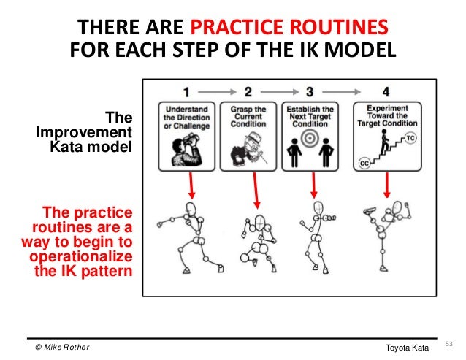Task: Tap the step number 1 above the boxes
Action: (187, 92)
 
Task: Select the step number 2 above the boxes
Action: (248, 92)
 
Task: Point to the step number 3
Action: (310, 92)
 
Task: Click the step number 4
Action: (386, 92)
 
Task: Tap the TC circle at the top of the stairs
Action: (411, 137)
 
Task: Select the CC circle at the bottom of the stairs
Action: (364, 164)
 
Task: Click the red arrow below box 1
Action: (191, 185)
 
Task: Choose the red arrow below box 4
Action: (386, 185)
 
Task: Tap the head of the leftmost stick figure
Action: (191, 210)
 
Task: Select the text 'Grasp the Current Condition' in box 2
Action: (248, 116)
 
